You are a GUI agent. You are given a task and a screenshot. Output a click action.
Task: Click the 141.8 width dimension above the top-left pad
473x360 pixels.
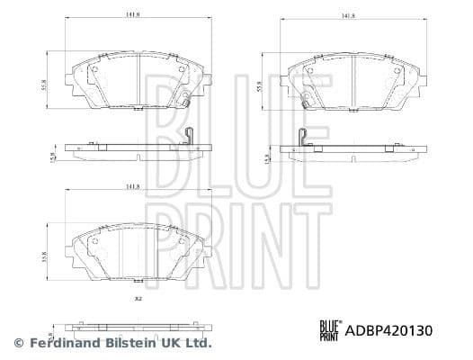click(131, 14)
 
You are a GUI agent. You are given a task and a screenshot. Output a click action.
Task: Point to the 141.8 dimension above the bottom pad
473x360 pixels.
click(131, 186)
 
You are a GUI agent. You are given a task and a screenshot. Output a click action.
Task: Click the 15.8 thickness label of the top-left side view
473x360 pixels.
click(53, 157)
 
